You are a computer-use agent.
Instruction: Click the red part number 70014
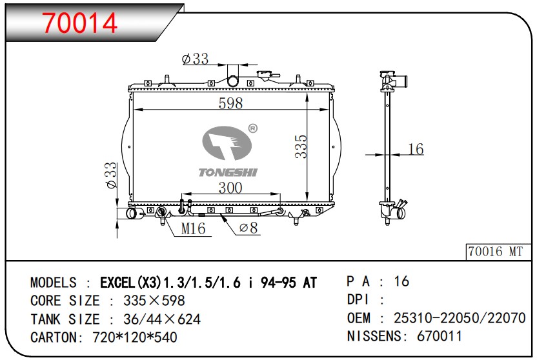click(x=80, y=23)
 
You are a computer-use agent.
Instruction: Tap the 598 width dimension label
click(x=230, y=103)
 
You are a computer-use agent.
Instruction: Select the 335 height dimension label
click(x=301, y=146)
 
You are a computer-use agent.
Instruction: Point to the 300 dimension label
click(x=230, y=188)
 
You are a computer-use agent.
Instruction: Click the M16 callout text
click(x=193, y=228)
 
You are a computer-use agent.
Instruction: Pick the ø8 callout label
click(x=248, y=228)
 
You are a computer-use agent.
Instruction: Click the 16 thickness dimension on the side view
click(x=416, y=149)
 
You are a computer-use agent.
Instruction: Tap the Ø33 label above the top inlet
click(x=196, y=59)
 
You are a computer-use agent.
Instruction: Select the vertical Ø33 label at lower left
click(x=112, y=175)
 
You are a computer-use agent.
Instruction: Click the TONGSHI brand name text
click(x=228, y=172)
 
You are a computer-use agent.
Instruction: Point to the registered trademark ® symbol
click(x=253, y=128)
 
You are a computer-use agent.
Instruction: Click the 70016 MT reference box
click(x=498, y=252)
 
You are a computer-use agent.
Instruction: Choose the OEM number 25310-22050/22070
click(x=460, y=318)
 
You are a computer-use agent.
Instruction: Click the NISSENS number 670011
click(x=439, y=336)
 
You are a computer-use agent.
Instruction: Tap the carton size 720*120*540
click(x=135, y=337)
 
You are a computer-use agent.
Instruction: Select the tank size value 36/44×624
click(x=162, y=319)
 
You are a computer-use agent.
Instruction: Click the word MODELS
click(x=54, y=283)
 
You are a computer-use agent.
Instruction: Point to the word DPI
click(x=358, y=299)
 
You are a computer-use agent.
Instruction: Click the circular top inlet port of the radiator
click(x=232, y=81)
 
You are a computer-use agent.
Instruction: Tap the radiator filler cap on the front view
click(x=267, y=75)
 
